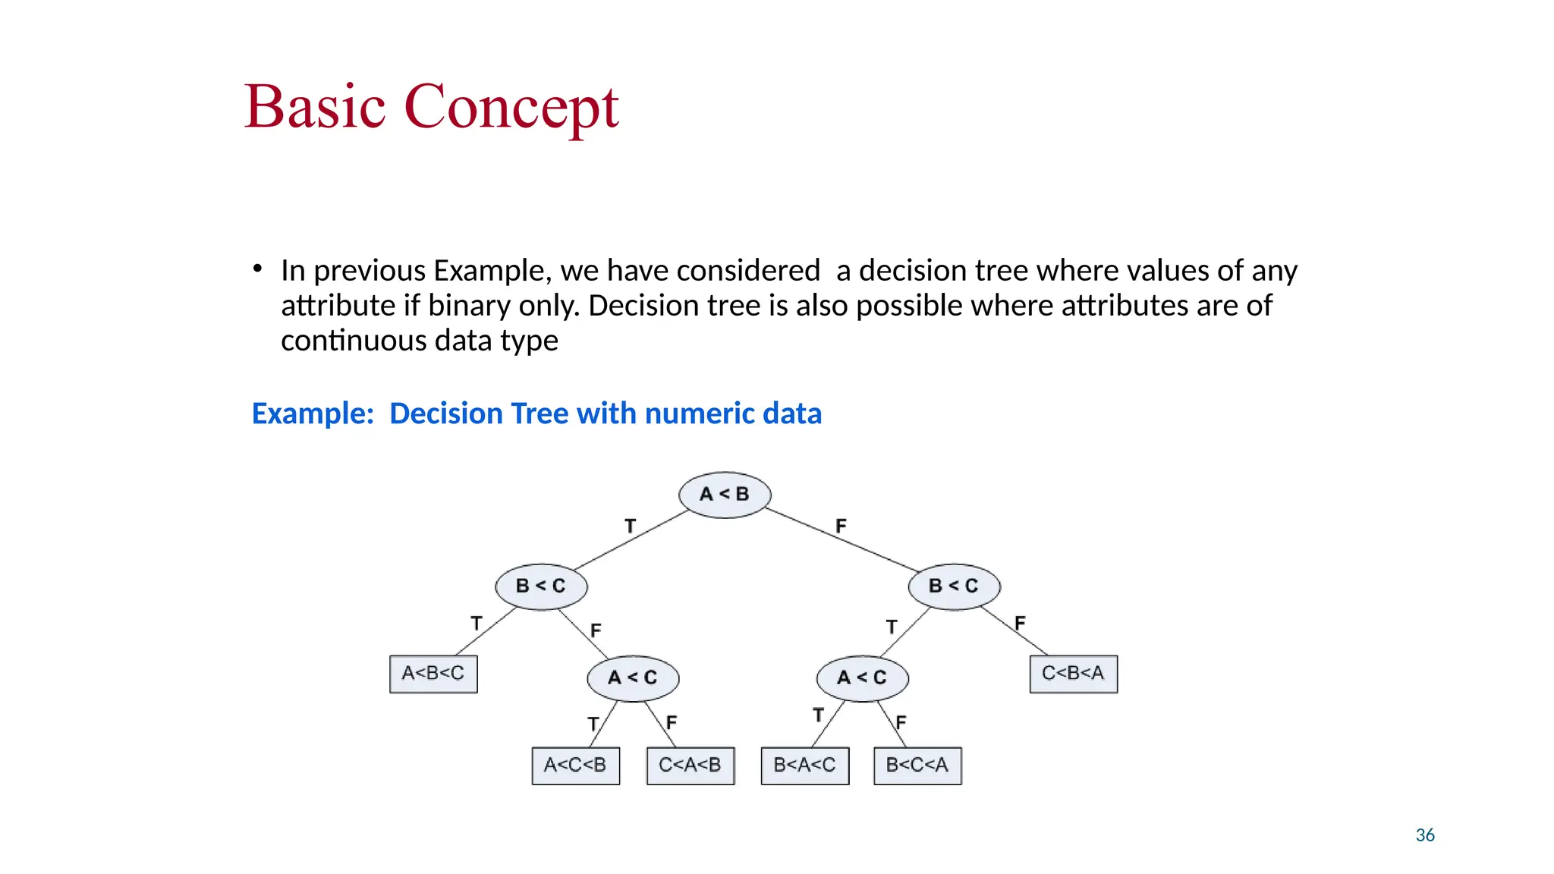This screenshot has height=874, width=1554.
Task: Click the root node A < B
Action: coord(725,495)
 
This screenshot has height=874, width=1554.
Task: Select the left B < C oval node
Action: coord(541,586)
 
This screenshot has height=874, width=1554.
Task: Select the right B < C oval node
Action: coord(954,586)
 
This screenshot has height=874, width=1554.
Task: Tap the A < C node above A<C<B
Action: coord(633,678)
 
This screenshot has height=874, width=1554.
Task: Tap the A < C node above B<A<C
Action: coord(862,678)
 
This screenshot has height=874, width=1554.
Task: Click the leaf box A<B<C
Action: coord(433,674)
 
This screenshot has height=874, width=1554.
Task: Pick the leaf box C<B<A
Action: coord(1073,674)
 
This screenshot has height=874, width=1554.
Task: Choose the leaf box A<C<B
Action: coord(575,766)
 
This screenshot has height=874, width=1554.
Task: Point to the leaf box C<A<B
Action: coord(690,766)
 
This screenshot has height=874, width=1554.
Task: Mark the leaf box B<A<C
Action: coord(804,766)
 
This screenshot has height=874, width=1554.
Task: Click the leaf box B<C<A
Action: coord(917,766)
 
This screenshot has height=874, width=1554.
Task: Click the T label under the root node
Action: coord(630,526)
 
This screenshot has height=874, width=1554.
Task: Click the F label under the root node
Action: coord(841,526)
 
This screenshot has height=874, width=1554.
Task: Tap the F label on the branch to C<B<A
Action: coord(1020,623)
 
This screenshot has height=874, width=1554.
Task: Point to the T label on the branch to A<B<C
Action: coord(477,623)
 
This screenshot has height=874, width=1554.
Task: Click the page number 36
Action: coord(1425,835)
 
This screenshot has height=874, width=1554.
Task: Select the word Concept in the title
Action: coord(511,107)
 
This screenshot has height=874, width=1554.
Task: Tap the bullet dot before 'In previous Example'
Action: coord(258,269)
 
